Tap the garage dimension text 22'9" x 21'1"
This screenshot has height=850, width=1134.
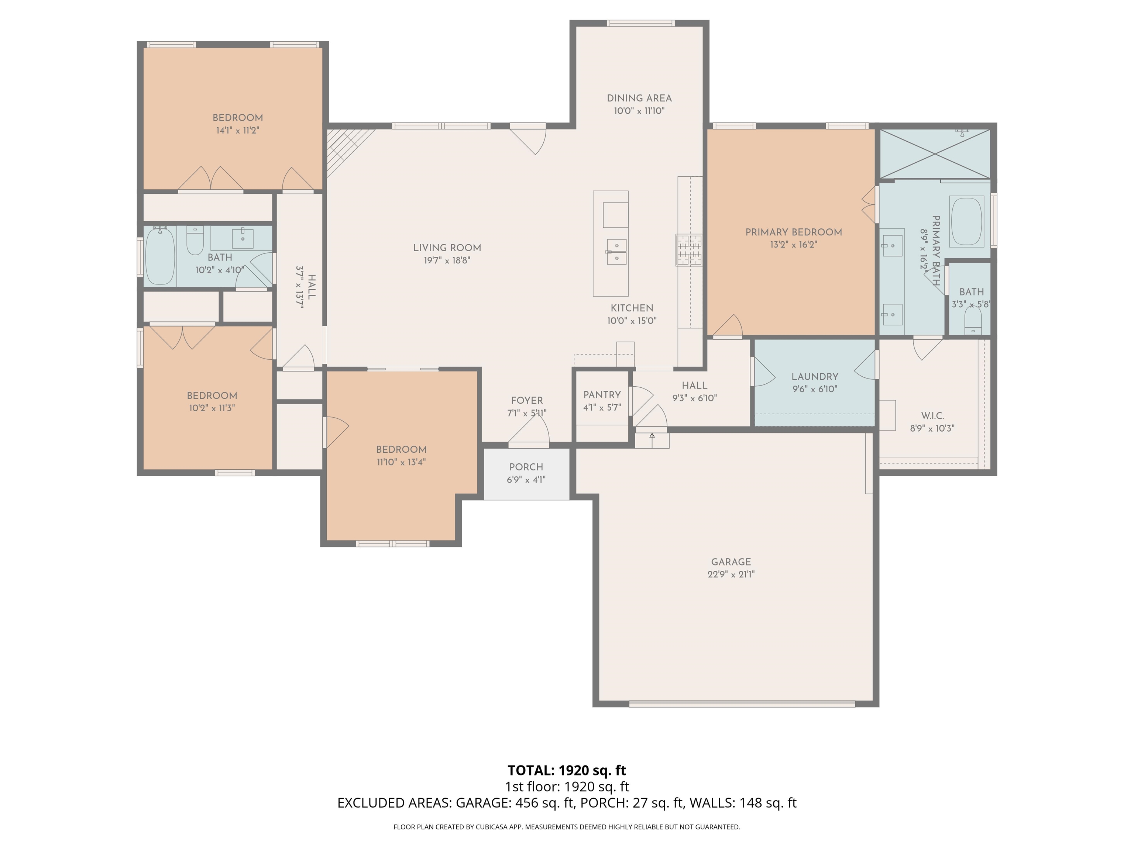(x=731, y=574)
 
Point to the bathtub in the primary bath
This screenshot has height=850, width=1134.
(x=966, y=222)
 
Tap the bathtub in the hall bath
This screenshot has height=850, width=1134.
(x=160, y=256)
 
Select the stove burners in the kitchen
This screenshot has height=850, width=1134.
(x=688, y=250)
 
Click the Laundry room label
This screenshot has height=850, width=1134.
(x=815, y=377)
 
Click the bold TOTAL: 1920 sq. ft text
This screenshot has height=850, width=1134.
(x=567, y=770)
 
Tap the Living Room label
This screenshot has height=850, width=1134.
(x=447, y=248)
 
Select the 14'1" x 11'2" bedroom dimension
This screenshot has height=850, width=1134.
(x=237, y=131)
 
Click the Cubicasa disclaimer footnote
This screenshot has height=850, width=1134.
(x=567, y=826)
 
